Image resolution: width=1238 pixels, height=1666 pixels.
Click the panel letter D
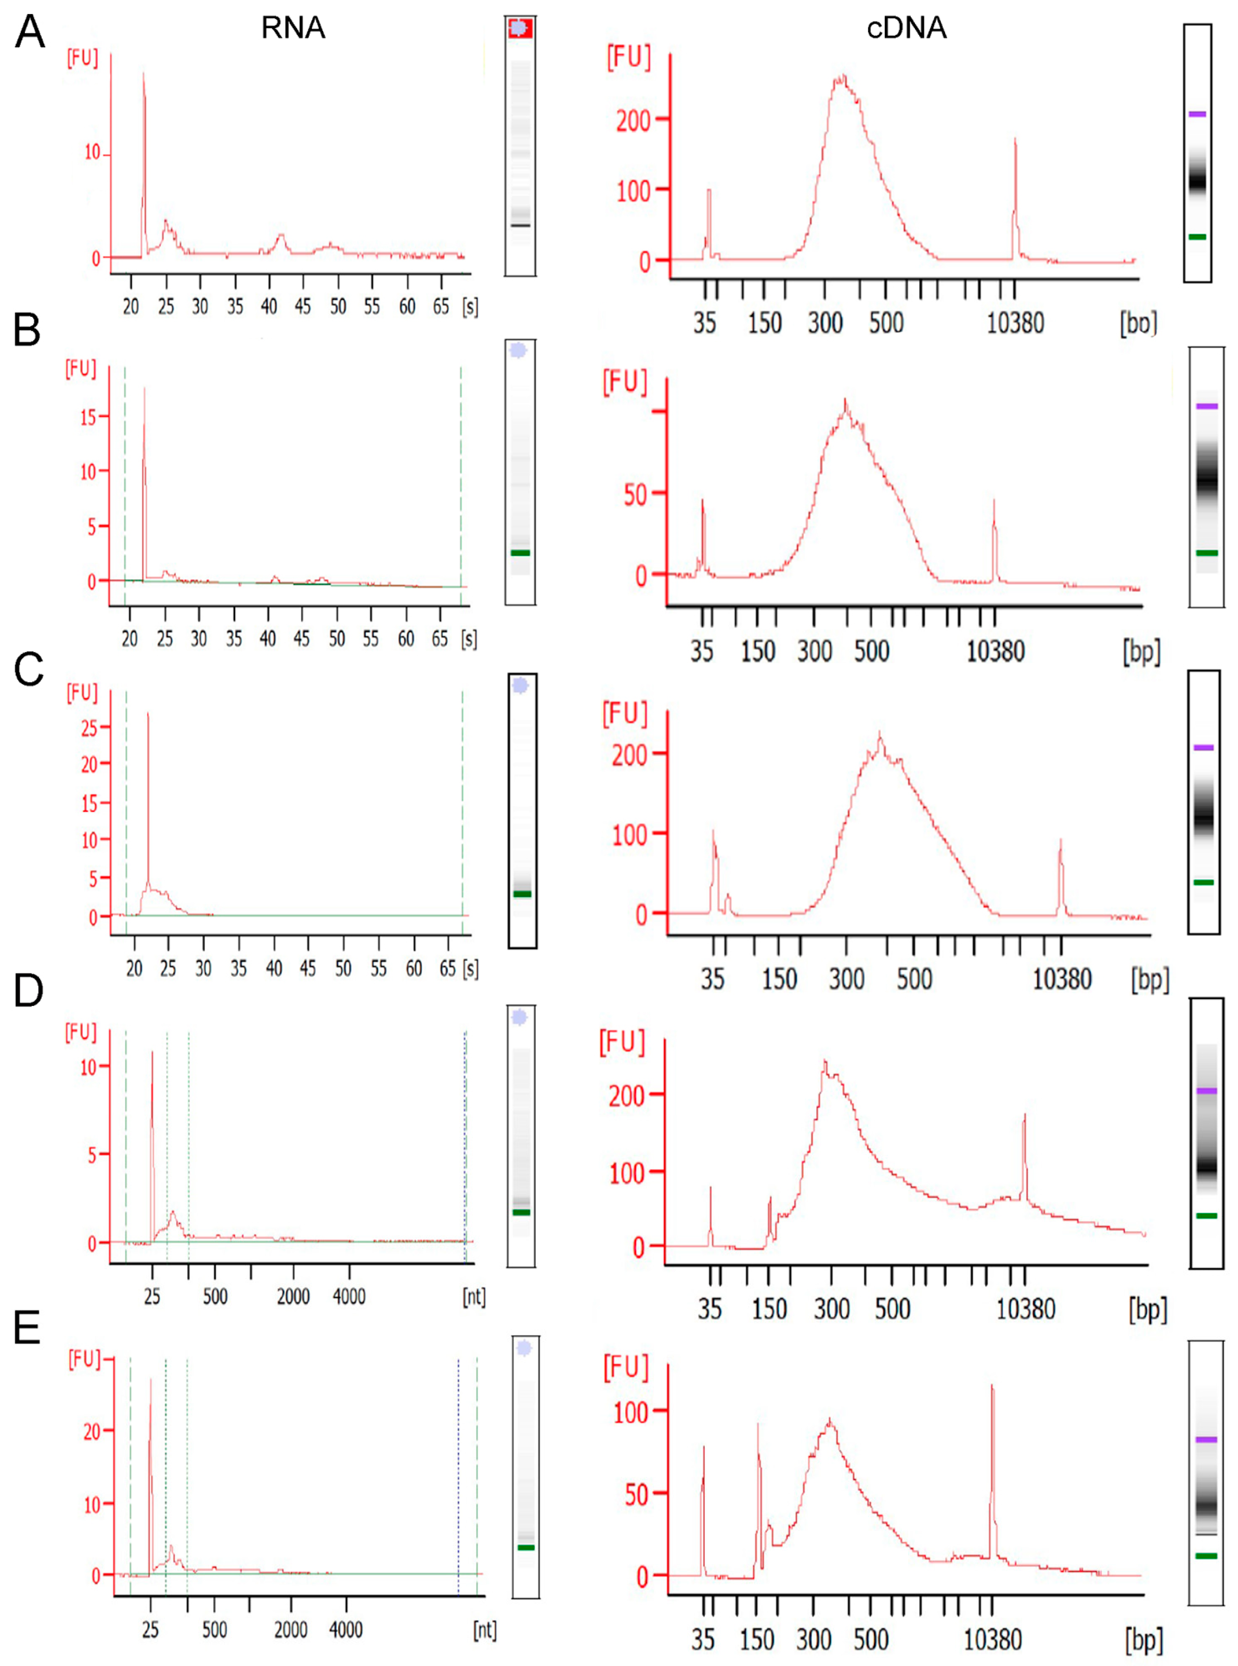pos(29,989)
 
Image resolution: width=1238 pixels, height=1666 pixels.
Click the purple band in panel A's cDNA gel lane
pos(1197,114)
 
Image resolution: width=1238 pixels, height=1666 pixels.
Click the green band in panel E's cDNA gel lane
pos(1206,1556)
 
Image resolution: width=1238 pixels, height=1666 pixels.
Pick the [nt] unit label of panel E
pos(484,1629)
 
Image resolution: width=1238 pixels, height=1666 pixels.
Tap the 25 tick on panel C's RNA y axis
pos(89,727)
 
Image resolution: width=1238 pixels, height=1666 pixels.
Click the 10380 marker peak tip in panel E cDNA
pos(991,1386)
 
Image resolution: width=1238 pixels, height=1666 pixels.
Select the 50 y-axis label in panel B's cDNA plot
pos(636,495)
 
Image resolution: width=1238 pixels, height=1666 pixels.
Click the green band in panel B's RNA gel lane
pos(520,552)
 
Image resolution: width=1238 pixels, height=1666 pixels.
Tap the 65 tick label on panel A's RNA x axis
pos(441,306)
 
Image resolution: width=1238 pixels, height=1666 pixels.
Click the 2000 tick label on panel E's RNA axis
pos(291,1629)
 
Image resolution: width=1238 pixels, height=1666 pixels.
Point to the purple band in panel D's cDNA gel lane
pos(1206,1090)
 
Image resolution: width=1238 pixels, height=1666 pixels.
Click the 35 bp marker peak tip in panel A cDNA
pos(708,190)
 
